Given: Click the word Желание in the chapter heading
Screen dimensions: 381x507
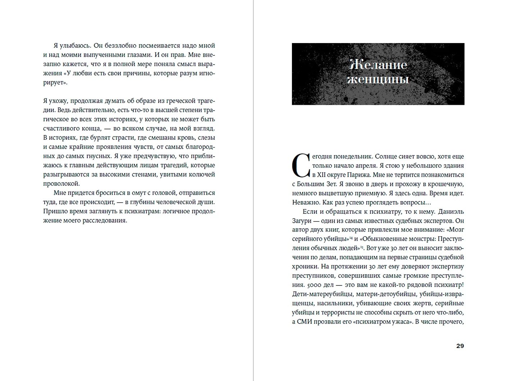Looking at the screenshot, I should point(378,65).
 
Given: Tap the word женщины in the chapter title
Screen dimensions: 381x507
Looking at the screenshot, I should point(378,79).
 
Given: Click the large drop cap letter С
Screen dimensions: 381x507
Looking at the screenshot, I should point(301,166).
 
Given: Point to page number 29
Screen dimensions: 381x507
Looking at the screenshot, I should point(460,346).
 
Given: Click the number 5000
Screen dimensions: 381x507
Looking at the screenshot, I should point(300,285).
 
